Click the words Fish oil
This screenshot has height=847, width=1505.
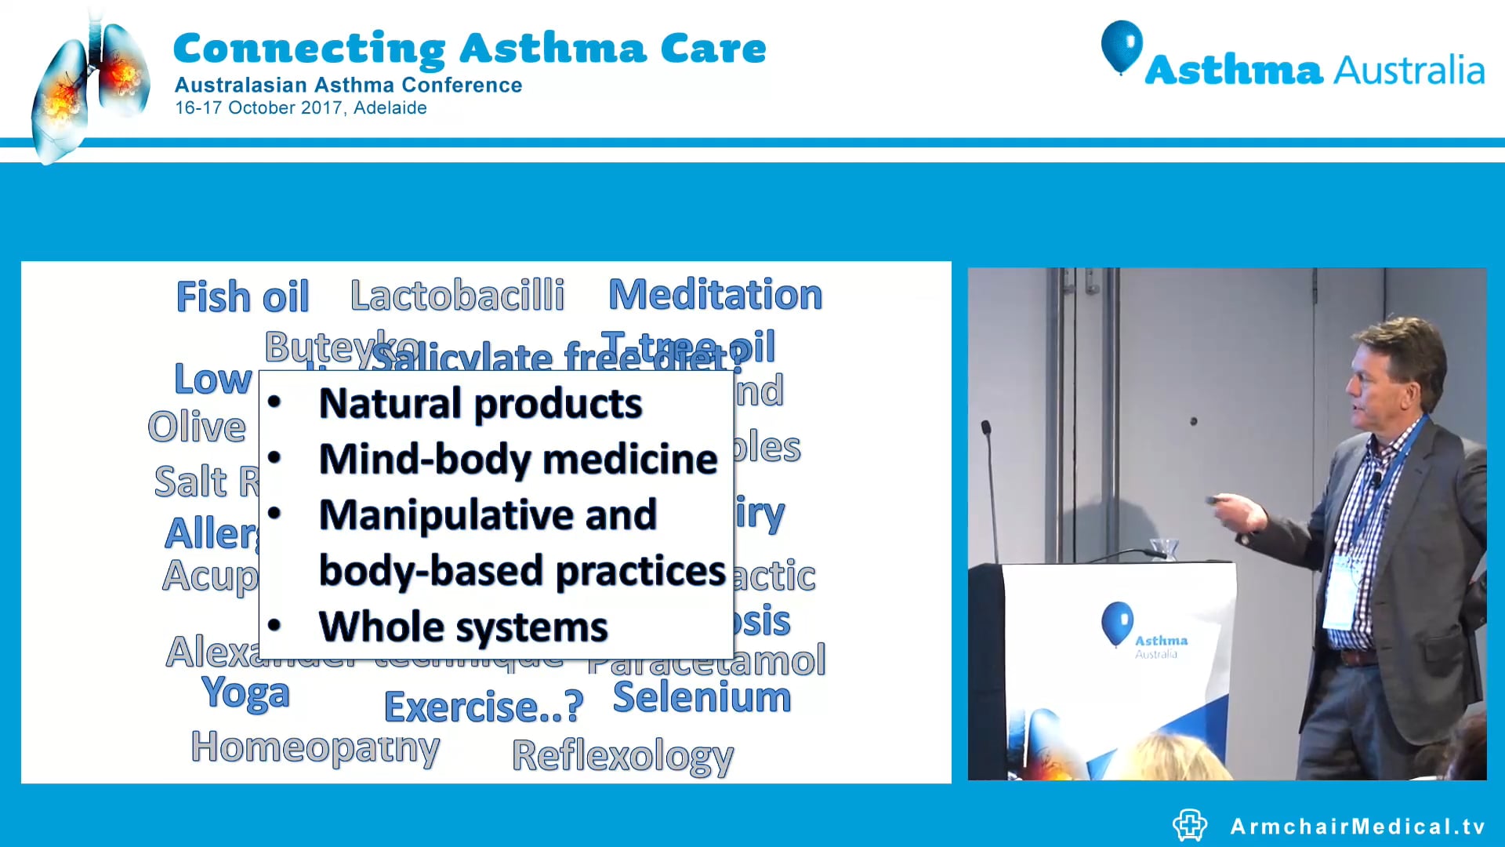[242, 297]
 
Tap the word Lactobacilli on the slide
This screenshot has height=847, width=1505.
[457, 296]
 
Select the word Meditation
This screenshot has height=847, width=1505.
[715, 295]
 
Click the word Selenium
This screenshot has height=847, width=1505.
[702, 697]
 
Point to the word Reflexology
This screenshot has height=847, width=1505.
[622, 756]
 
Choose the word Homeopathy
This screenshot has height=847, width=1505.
[315, 747]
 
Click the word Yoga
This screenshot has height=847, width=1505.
[245, 693]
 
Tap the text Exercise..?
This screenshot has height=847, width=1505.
[484, 707]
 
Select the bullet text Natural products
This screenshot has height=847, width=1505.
[480, 404]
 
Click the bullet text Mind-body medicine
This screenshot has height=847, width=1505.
[517, 459]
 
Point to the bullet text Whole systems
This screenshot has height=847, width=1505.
[462, 627]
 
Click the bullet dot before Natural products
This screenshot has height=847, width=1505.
[274, 402]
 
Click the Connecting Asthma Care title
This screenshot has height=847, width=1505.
[469, 49]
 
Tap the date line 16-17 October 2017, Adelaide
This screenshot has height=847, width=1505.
[300, 108]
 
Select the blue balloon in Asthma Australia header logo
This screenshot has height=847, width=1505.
[1121, 45]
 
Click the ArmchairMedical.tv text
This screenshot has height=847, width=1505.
[1357, 827]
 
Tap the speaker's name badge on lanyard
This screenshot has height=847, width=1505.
[1341, 592]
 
